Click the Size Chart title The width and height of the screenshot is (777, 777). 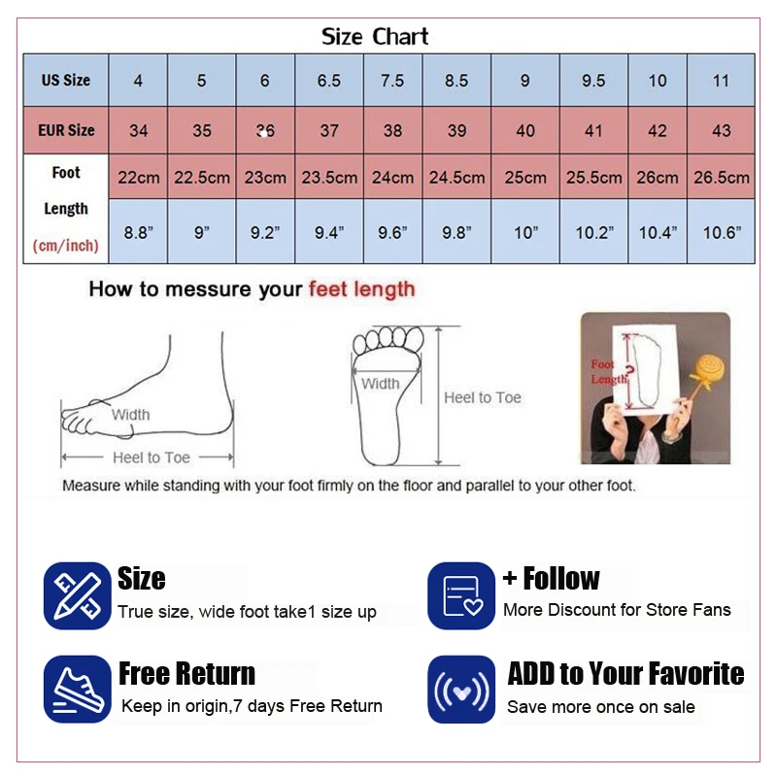(375, 38)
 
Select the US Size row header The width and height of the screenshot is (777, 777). (66, 81)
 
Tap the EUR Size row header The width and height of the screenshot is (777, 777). (66, 130)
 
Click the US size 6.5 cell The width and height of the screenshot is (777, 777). (329, 81)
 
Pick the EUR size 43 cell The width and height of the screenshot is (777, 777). (721, 130)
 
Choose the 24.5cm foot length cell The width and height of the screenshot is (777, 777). (456, 178)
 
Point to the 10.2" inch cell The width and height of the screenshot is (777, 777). (593, 232)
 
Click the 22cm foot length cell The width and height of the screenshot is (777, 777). (138, 178)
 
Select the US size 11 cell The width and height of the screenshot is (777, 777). (721, 81)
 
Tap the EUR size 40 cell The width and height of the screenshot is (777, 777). (524, 130)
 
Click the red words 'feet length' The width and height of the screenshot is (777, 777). (361, 289)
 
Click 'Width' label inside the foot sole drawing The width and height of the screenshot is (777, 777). (380, 384)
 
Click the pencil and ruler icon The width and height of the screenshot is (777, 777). (77, 595)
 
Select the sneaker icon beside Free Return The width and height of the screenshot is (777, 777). (77, 689)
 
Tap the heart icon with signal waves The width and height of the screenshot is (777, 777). (461, 690)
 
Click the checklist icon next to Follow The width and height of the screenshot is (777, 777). (461, 595)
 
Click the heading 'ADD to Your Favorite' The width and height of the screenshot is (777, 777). (625, 674)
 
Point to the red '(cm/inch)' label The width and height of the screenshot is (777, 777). (66, 246)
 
